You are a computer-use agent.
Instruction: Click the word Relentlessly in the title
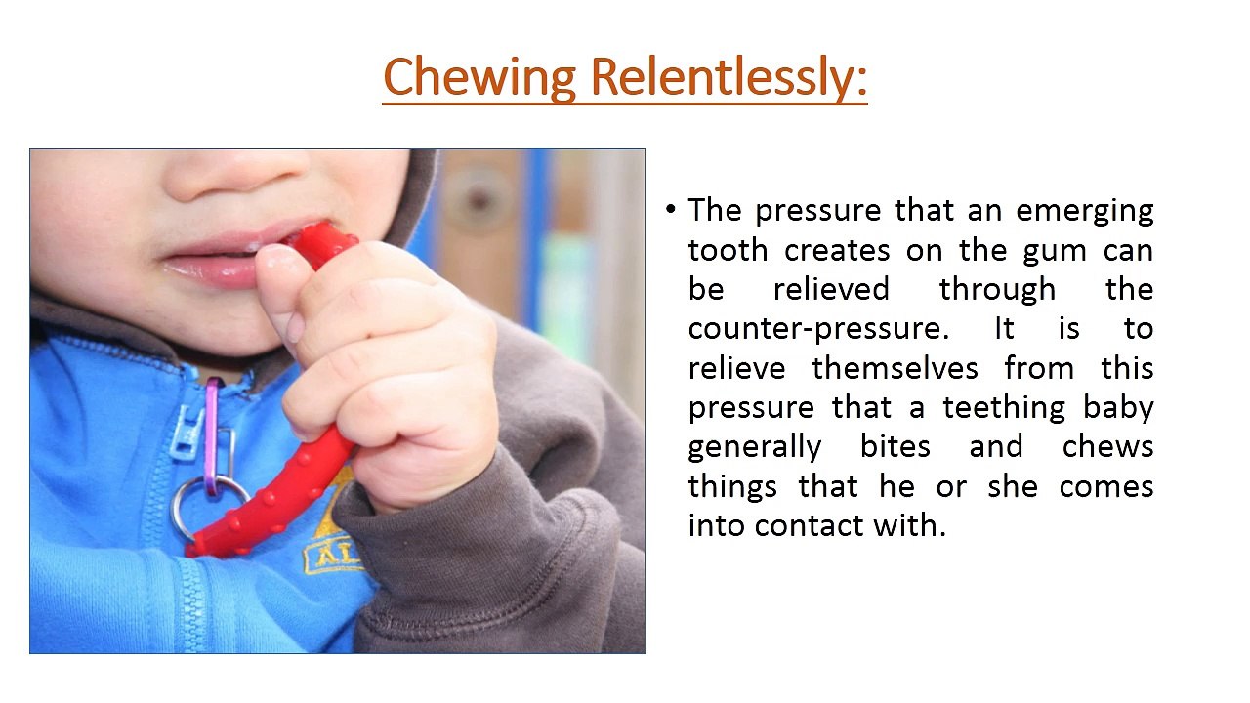click(729, 78)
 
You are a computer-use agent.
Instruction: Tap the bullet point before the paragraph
click(670, 210)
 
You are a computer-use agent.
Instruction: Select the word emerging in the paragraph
click(1085, 211)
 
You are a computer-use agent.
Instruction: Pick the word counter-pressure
click(818, 329)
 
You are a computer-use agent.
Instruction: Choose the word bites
click(896, 446)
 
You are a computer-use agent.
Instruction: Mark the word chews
click(1107, 446)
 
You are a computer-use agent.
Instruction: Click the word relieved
click(831, 290)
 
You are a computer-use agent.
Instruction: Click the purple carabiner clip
click(212, 434)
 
